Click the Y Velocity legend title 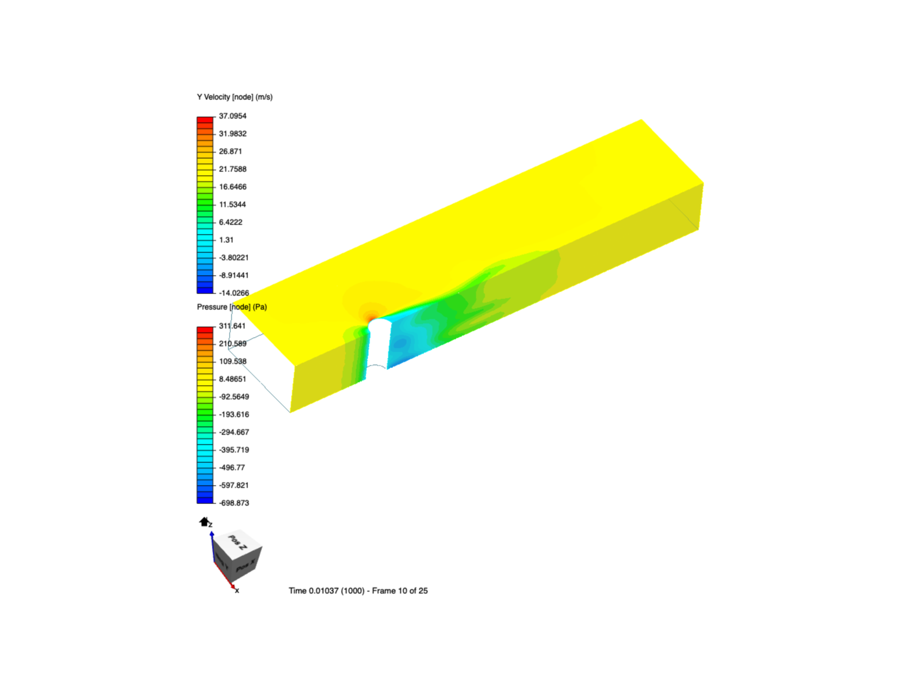235,97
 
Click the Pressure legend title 232,307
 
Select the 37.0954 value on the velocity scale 233,116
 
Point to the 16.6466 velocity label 233,187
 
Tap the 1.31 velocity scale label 226,240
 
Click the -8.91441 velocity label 234,276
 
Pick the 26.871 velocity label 230,152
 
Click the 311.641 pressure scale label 232,326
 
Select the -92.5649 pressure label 234,397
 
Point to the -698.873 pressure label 234,503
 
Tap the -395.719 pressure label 234,450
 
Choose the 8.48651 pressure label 233,379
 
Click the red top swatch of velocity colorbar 205,120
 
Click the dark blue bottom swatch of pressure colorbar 205,500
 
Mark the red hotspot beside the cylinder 370,314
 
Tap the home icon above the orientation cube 204,522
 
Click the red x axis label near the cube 237,591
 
